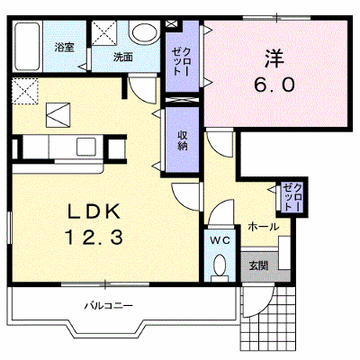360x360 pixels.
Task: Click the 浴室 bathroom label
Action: point(64,47)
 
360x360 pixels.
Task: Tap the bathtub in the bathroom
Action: point(27,46)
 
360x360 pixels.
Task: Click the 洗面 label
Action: point(123,57)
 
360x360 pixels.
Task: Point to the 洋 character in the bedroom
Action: point(274,58)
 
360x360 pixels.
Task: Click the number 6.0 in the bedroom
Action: point(274,85)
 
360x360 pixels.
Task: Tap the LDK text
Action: point(94,212)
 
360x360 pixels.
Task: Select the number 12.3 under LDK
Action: point(94,237)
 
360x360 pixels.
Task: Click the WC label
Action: point(220,239)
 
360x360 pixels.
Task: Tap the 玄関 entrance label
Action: point(258,265)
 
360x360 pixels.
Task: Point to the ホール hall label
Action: point(263,227)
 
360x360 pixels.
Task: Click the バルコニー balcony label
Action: point(108,306)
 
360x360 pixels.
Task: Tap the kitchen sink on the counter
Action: point(85,147)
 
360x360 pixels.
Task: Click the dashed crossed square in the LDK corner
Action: point(25,91)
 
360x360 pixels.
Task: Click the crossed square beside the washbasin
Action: point(103,32)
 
